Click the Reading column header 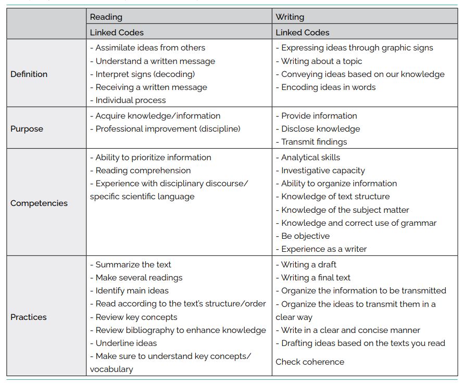(106, 17)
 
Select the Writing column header (290, 17)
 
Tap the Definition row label (29, 74)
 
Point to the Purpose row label (27, 129)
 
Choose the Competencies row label (39, 203)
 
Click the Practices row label (29, 317)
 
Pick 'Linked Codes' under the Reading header (117, 32)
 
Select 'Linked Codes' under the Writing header (303, 32)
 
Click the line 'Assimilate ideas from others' (148, 48)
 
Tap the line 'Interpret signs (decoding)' (143, 74)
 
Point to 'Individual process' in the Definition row (128, 100)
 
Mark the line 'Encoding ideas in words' (326, 87)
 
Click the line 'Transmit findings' (311, 142)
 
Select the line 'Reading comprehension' (141, 171)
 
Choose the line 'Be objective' (303, 236)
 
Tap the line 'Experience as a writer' (321, 249)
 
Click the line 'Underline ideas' (123, 343)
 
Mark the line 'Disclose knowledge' (318, 129)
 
